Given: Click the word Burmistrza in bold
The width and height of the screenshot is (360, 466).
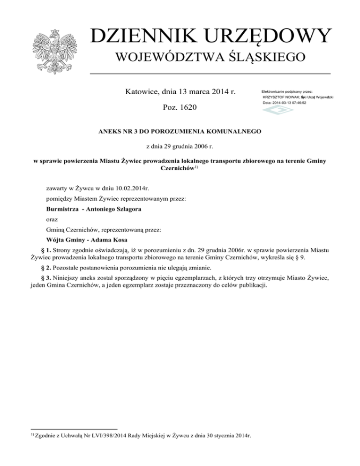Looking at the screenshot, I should [x=61, y=209].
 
